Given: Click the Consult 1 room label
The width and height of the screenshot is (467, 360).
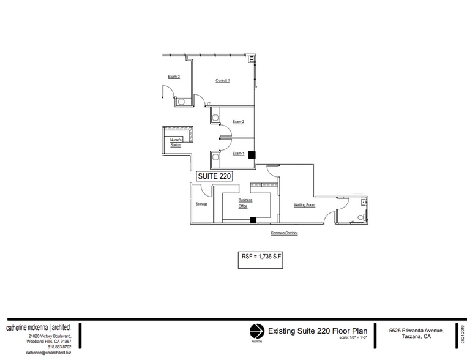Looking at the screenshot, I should point(222,81).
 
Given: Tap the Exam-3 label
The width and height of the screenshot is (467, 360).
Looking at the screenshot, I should point(174,77).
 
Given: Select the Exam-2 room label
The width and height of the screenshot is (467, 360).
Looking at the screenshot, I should point(238,122).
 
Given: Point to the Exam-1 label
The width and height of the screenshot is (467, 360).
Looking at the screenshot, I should point(238,154).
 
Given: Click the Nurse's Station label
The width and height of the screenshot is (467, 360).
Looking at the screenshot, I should point(176,142).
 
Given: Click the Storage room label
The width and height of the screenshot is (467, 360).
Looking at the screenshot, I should point(201,204).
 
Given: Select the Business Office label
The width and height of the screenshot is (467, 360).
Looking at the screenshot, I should point(245,203).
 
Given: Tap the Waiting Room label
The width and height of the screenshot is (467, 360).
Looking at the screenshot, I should point(304,204).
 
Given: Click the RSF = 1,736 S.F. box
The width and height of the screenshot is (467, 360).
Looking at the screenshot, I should point(260,258).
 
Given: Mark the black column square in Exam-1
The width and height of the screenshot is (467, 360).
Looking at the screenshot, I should point(251,156).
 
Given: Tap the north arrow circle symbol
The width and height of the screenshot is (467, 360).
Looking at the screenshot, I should point(256,331).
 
